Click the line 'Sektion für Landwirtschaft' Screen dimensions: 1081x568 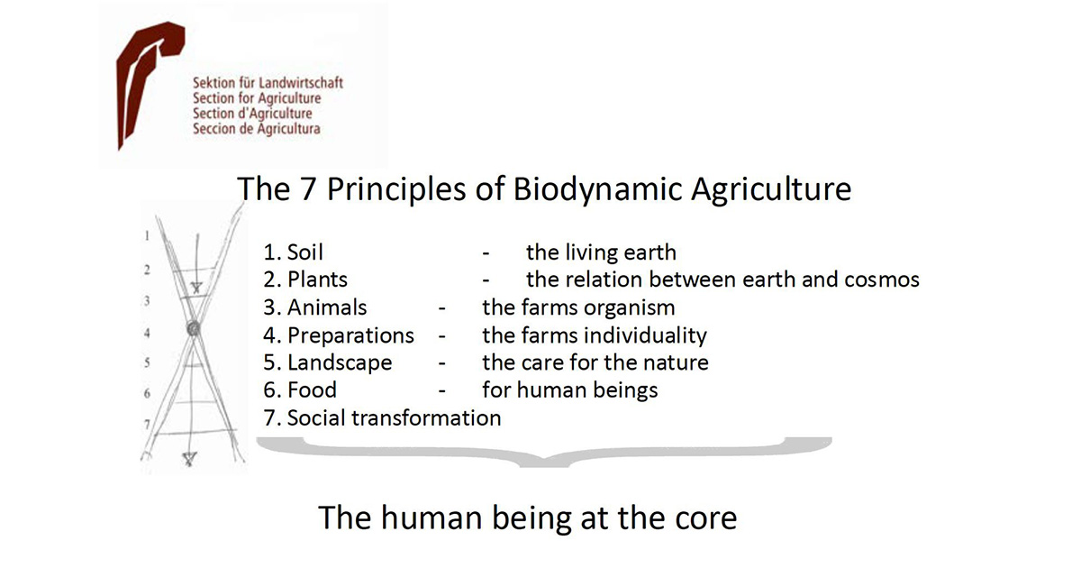(x=268, y=83)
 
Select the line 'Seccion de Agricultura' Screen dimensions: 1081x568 (x=256, y=129)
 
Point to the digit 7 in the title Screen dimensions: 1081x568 (x=308, y=188)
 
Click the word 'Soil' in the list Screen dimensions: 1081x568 (x=305, y=252)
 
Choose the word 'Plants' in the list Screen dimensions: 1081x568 (x=317, y=279)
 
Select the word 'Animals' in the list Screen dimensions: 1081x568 (x=327, y=307)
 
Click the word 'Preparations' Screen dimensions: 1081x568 (x=350, y=335)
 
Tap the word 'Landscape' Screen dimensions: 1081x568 (x=340, y=363)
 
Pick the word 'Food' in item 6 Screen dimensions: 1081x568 (x=312, y=390)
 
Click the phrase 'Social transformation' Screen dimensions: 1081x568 (x=395, y=418)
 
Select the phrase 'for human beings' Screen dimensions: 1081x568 (x=570, y=390)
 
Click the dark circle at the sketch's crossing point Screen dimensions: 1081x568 (x=194, y=329)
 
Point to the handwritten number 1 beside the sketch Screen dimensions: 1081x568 (x=147, y=235)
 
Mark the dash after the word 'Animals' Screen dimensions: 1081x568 (x=441, y=308)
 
